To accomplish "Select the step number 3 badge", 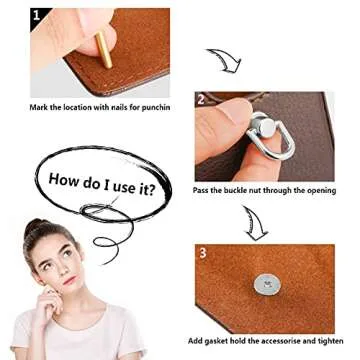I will (202, 253).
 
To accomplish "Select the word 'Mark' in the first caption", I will (41, 106).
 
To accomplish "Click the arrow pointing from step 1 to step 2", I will (223, 59).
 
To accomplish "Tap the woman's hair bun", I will (37, 226).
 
